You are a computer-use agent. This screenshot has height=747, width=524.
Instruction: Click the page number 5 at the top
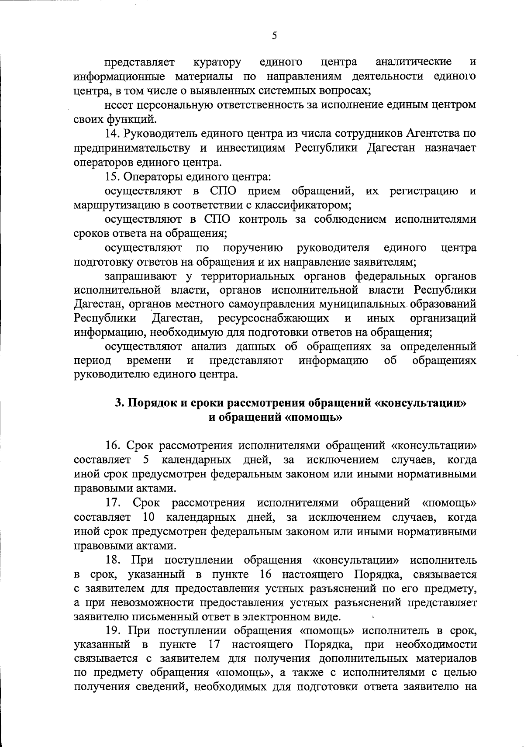(x=274, y=36)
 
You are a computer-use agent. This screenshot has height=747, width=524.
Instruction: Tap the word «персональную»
(x=175, y=105)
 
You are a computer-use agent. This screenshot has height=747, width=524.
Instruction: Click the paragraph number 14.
(x=113, y=134)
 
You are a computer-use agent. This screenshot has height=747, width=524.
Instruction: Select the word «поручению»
(x=253, y=248)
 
